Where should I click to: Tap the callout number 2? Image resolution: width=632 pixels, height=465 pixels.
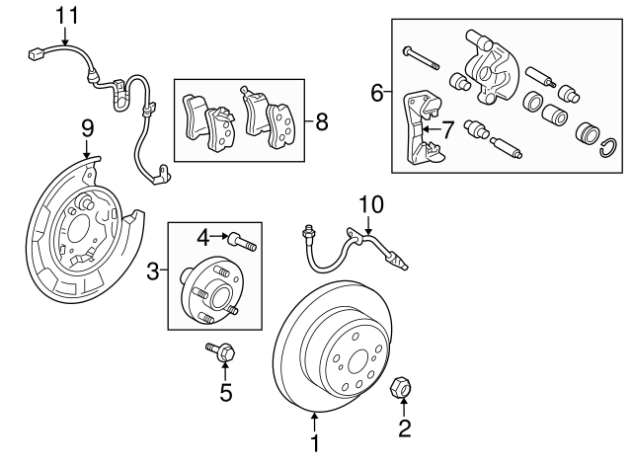coord(402,427)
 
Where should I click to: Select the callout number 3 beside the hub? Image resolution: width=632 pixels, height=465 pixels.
coord(154,271)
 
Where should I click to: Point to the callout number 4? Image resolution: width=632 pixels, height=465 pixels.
coord(202,236)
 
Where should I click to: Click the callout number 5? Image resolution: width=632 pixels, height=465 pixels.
coord(225,392)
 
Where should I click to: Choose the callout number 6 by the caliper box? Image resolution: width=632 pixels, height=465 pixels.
coord(376,94)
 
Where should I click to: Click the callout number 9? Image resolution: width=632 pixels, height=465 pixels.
coord(87,127)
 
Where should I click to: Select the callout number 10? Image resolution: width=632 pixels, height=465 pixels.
coord(369,204)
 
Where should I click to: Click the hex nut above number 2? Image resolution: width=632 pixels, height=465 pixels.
coord(402,387)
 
